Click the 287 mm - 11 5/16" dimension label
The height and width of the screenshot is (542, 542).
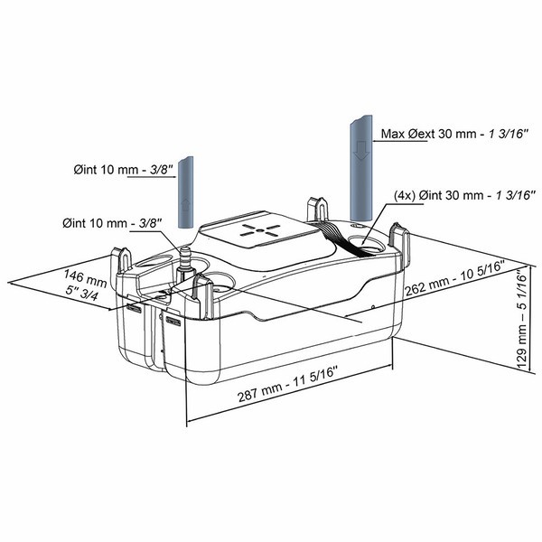(x=287, y=384)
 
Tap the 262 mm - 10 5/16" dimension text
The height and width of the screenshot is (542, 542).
(x=455, y=278)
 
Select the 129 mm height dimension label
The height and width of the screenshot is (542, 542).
(x=522, y=319)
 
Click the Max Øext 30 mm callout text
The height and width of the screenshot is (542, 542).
(x=454, y=134)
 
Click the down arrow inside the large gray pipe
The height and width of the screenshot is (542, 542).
(x=362, y=151)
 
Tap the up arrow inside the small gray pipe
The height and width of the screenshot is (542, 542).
(x=185, y=206)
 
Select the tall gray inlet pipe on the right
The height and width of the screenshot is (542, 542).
(x=361, y=168)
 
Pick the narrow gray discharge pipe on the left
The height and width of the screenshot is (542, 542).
(x=185, y=192)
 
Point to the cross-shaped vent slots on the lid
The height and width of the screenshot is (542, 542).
(x=259, y=229)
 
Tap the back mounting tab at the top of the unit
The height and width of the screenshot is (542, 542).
(x=318, y=209)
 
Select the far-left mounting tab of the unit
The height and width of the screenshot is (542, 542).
(x=121, y=259)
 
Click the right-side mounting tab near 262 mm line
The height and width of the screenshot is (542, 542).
(x=400, y=241)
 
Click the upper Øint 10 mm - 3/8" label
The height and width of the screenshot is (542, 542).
(x=124, y=170)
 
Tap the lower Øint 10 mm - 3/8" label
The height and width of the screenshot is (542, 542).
(x=112, y=223)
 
